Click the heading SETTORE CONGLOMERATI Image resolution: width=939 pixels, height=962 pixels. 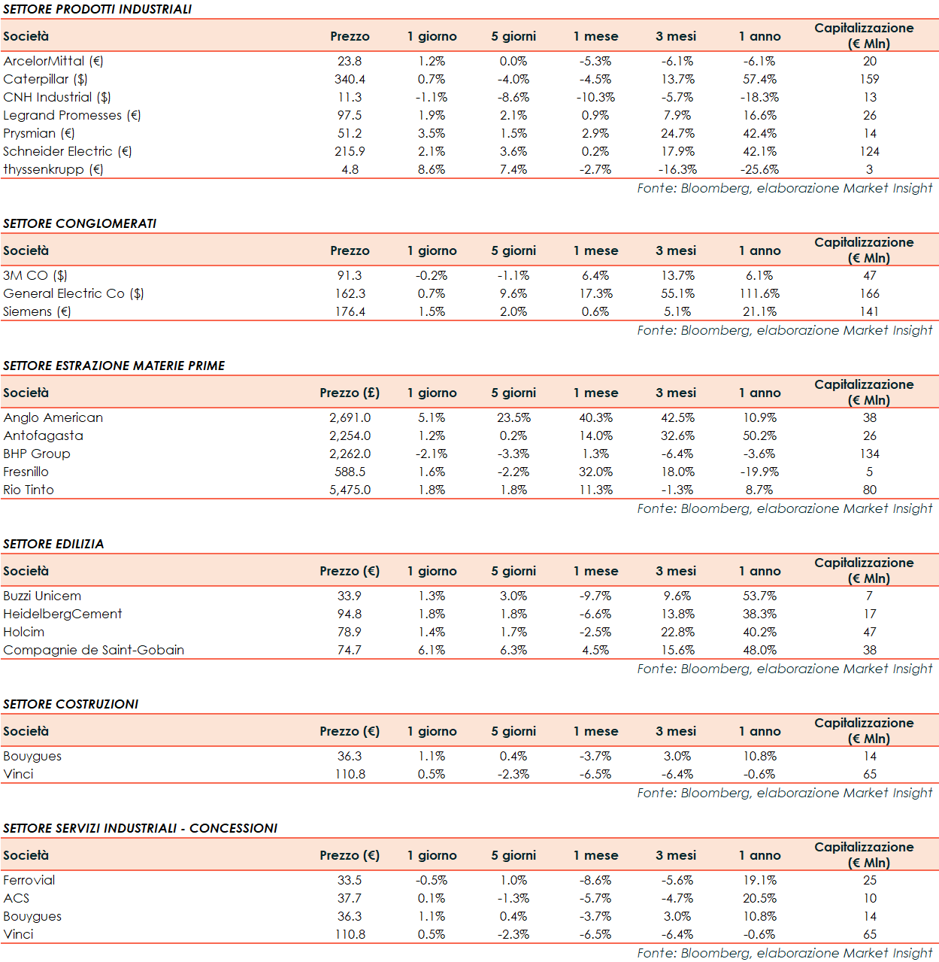pyautogui.click(x=80, y=223)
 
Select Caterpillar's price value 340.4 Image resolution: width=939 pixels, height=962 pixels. pyautogui.click(x=350, y=79)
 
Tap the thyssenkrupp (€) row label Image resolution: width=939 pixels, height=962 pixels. pyautogui.click(x=53, y=169)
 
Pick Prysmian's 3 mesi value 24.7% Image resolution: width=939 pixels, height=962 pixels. pyautogui.click(x=677, y=133)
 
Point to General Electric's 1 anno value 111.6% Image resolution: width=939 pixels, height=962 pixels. pyautogui.click(x=759, y=293)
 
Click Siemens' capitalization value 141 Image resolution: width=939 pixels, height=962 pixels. pyautogui.click(x=869, y=311)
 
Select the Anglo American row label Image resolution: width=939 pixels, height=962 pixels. pyautogui.click(x=53, y=417)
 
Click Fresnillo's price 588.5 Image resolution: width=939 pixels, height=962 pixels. pyautogui.click(x=350, y=472)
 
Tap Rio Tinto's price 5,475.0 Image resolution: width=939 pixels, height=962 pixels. pyautogui.click(x=350, y=490)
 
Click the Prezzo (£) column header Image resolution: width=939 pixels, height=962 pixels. pyautogui.click(x=350, y=393)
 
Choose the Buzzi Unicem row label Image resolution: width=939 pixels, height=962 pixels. pyautogui.click(x=42, y=596)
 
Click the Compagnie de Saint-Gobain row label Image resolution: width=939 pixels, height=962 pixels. pyautogui.click(x=93, y=650)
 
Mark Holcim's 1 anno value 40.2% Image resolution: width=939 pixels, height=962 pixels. pyautogui.click(x=759, y=632)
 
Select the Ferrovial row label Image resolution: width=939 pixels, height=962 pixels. pyautogui.click(x=29, y=880)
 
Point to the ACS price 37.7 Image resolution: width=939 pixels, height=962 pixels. pyautogui.click(x=350, y=898)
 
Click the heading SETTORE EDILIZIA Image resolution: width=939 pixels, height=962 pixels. pyautogui.click(x=53, y=544)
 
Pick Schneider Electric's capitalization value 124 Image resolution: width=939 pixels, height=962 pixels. pyautogui.click(x=869, y=151)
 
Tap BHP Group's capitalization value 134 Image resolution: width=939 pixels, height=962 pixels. pyautogui.click(x=869, y=454)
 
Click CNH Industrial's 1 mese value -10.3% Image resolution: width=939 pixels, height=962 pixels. pyautogui.click(x=595, y=97)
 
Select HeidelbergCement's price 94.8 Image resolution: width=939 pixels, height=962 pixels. pyautogui.click(x=350, y=614)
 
